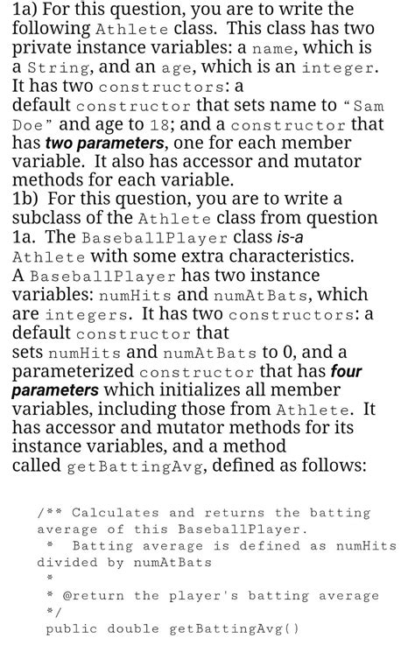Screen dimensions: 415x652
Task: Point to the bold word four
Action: [344, 371]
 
